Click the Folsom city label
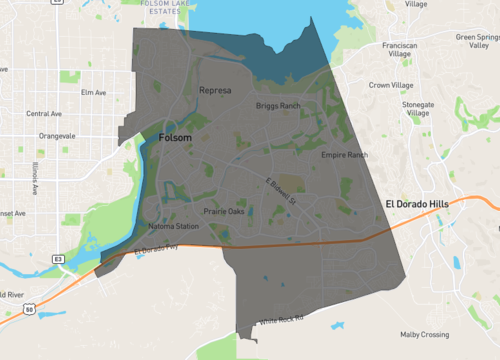174,138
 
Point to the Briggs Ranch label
278,105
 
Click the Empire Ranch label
344,155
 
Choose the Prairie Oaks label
224,211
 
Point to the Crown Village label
392,85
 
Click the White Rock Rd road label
280,321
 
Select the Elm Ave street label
93,92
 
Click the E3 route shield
59,259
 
